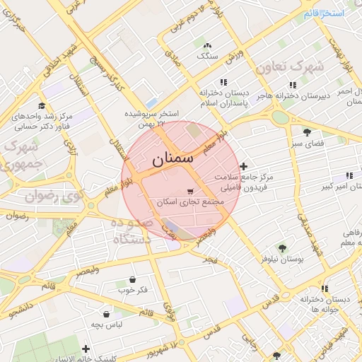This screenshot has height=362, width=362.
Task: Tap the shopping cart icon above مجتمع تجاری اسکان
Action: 189,192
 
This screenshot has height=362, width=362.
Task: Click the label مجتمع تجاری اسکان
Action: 189,202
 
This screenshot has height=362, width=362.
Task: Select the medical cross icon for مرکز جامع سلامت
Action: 244,166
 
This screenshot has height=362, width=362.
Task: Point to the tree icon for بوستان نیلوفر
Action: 282,248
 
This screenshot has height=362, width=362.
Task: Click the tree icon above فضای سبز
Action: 307,132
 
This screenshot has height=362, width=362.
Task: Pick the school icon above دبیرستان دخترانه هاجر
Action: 292,85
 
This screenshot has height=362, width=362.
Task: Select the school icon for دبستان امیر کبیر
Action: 349,175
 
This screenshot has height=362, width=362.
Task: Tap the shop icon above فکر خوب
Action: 132,279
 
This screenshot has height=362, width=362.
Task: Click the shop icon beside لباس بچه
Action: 106,314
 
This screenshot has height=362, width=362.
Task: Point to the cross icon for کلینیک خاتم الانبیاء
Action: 86,349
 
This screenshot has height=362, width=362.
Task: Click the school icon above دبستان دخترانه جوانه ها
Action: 324,288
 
